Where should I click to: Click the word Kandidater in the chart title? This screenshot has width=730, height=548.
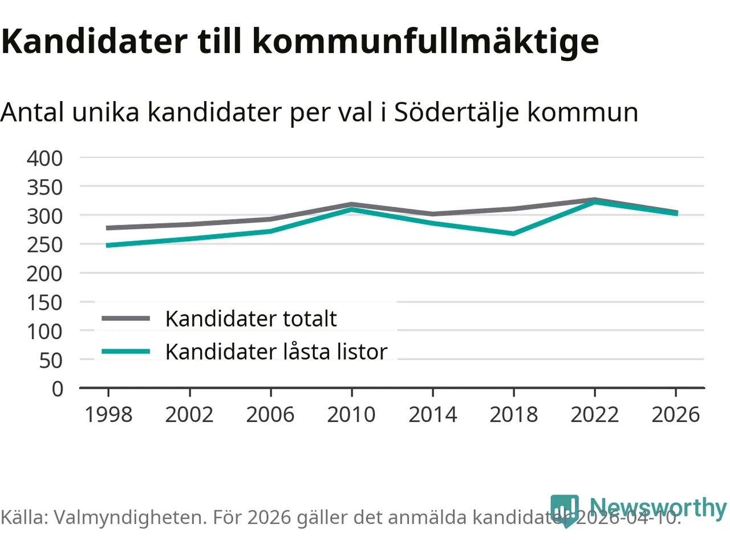click(94, 41)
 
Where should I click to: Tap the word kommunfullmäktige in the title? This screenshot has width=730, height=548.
click(425, 41)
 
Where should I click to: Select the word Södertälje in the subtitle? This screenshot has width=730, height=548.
click(456, 112)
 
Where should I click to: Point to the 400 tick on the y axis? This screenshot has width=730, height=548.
click(44, 158)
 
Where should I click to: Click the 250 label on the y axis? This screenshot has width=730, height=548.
click(44, 245)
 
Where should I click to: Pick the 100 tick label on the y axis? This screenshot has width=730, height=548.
click(44, 331)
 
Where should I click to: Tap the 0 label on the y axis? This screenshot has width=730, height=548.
click(57, 389)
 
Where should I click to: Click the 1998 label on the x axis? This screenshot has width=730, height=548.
click(108, 414)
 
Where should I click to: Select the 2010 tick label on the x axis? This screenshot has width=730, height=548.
click(351, 414)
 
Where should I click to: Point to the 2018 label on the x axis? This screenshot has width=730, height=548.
click(513, 414)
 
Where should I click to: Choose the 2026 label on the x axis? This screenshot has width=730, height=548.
click(675, 414)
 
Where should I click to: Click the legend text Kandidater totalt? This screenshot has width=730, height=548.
click(251, 319)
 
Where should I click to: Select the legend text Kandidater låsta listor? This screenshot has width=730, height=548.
click(276, 352)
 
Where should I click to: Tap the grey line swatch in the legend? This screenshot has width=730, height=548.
click(125, 319)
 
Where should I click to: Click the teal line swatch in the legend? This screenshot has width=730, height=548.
click(125, 352)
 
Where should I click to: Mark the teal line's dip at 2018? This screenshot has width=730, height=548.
click(513, 233)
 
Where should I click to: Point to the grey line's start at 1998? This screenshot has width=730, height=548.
click(108, 228)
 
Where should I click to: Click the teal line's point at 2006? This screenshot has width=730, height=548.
click(270, 231)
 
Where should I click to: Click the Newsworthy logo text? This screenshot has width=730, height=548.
click(658, 507)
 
